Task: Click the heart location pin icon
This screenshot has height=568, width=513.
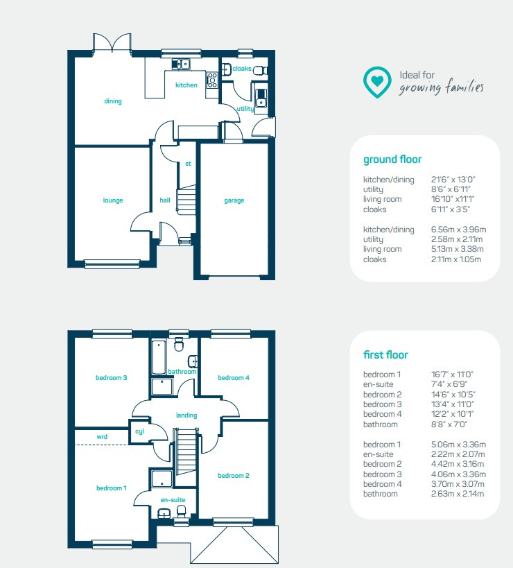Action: (377, 83)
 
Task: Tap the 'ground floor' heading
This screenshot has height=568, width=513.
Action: (392, 160)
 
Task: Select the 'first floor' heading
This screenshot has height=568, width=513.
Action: (385, 354)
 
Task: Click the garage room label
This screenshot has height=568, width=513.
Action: (234, 200)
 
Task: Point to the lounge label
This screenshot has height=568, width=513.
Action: (113, 200)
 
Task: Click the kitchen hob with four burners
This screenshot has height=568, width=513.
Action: (212, 80)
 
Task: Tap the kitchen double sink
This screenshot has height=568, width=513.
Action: (181, 64)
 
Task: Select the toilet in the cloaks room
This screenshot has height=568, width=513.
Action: (260, 70)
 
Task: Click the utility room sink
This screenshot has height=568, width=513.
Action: (261, 98)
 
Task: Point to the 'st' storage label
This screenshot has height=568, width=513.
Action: (188, 164)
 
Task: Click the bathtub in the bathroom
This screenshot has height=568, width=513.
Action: (159, 356)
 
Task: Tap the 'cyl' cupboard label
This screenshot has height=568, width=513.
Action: (139, 431)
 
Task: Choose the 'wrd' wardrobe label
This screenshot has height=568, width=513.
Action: (102, 437)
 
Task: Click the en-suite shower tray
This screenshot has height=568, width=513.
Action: (162, 479)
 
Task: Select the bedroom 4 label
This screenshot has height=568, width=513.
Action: (234, 378)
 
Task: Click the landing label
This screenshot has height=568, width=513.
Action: (186, 415)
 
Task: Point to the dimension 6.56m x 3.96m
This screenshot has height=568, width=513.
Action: (458, 230)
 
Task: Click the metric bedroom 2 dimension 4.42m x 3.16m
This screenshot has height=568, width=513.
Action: (458, 464)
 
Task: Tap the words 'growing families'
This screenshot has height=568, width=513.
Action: (441, 87)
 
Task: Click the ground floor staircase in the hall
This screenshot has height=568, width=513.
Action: (186, 199)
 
